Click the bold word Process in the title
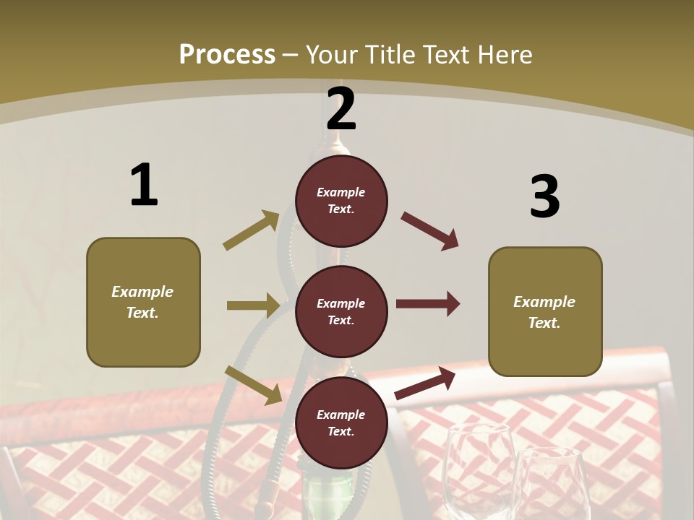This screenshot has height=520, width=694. [227, 55]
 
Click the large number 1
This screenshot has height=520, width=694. [143, 186]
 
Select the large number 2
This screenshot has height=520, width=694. [341, 109]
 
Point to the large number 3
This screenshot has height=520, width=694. [544, 196]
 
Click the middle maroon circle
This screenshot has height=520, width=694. [341, 311]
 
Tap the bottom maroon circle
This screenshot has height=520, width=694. [341, 422]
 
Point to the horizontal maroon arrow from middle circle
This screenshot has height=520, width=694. [427, 304]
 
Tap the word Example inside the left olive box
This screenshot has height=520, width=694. [142, 292]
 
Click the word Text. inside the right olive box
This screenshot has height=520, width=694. [544, 323]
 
